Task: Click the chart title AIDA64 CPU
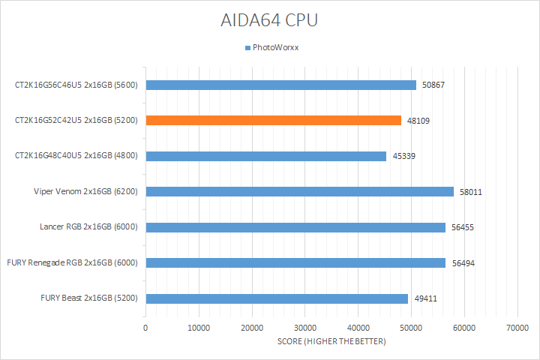click(x=269, y=20)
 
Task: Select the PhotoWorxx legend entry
click(x=272, y=48)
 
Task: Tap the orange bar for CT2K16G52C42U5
click(x=274, y=120)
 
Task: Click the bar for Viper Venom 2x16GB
click(x=300, y=191)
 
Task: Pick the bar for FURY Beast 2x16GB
click(x=277, y=298)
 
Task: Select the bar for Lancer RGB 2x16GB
click(x=295, y=227)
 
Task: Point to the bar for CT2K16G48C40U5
click(x=266, y=156)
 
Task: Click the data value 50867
click(x=433, y=85)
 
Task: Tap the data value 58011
click(x=471, y=192)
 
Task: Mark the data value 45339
click(x=403, y=156)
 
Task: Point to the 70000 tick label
click(x=517, y=328)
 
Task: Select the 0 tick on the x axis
click(x=145, y=328)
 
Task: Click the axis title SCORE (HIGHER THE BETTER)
click(x=331, y=342)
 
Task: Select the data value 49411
click(x=425, y=298)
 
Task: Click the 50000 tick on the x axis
click(x=410, y=328)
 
